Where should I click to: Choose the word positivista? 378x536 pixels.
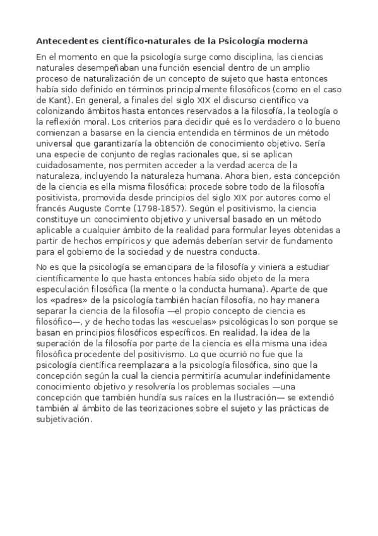pos(59,195)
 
